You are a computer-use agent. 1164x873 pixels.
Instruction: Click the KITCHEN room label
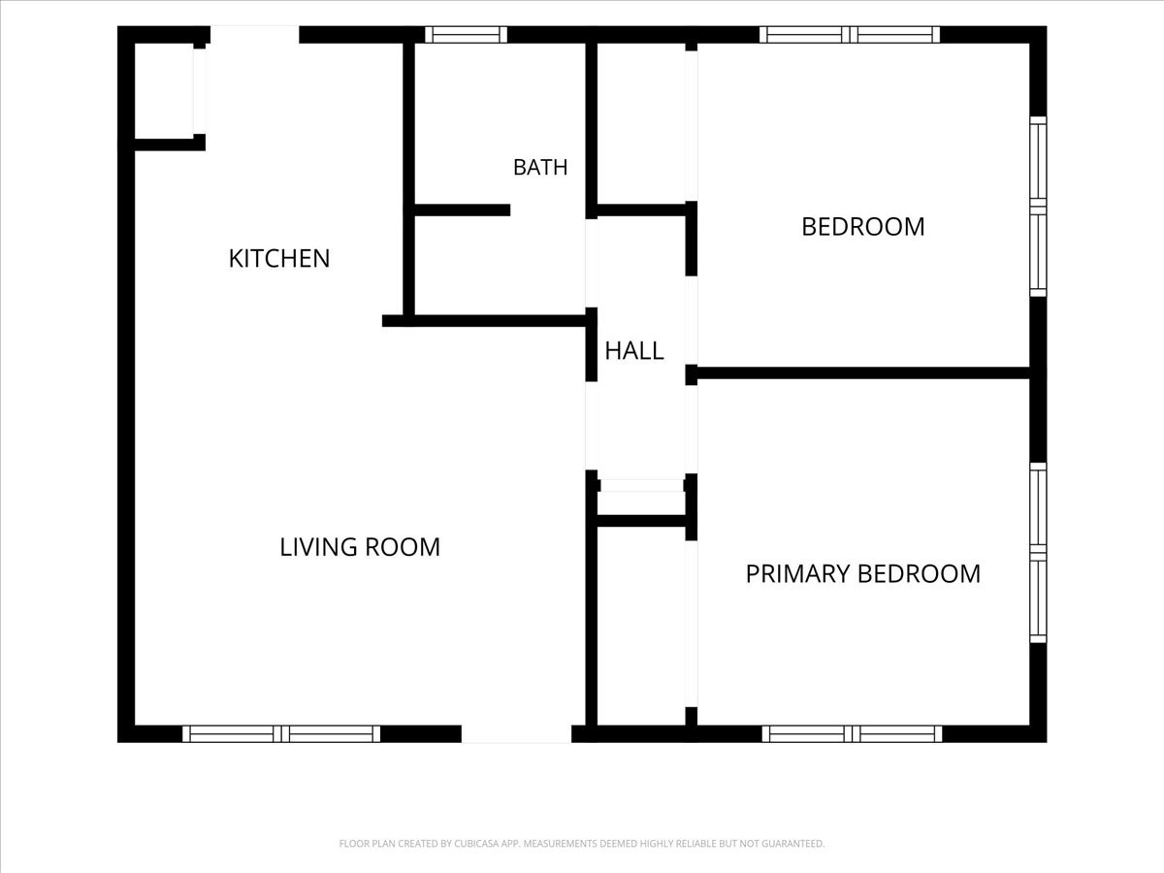[x=279, y=259]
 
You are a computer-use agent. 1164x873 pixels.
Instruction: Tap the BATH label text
[x=540, y=168]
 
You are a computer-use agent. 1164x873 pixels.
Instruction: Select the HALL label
[x=633, y=351]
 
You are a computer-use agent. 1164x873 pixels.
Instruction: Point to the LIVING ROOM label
[x=360, y=547]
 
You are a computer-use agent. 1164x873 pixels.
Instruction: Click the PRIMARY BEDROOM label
[x=862, y=574]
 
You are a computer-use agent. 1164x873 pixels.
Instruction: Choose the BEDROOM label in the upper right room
[x=862, y=227]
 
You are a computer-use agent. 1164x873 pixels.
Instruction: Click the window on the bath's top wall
[x=466, y=35]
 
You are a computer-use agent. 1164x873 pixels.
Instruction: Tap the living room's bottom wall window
[x=281, y=734]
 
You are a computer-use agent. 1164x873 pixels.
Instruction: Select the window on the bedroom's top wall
[x=849, y=35]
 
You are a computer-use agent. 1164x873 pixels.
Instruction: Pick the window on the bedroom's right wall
[x=1038, y=207]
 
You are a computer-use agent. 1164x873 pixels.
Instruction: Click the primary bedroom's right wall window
[x=1038, y=553]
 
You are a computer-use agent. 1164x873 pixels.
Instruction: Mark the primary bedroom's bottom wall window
[x=852, y=734]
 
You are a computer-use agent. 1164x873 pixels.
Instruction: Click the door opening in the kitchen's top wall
[x=254, y=35]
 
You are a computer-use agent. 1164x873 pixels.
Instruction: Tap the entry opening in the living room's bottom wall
[x=516, y=734]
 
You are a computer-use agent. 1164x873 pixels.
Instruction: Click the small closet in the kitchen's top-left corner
[x=164, y=90]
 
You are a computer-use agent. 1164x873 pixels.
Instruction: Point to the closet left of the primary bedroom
[x=641, y=626]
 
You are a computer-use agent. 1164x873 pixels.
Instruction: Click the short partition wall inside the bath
[x=462, y=210]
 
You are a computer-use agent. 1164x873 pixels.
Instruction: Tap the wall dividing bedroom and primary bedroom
[x=862, y=372]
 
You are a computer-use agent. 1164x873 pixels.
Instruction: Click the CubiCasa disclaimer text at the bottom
[x=582, y=843]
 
